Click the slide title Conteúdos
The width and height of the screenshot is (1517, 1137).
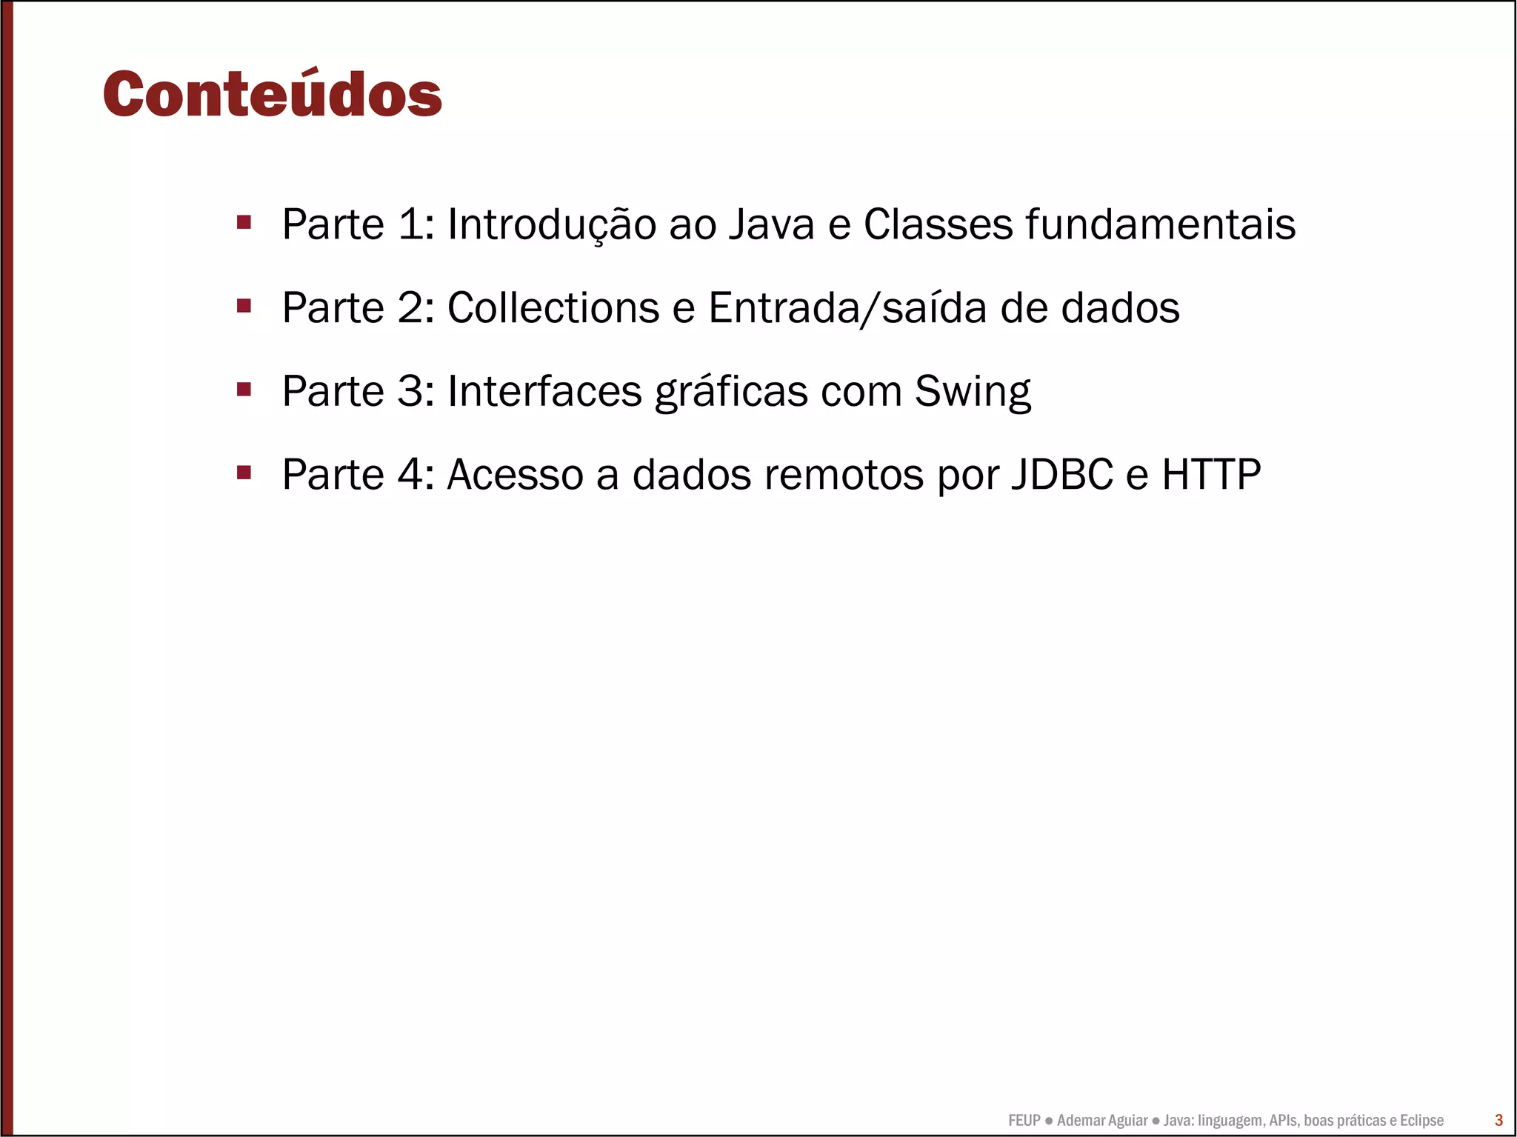pyautogui.click(x=272, y=95)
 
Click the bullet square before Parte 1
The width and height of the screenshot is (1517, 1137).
pyautogui.click(x=244, y=222)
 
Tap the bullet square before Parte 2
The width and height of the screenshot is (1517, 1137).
pyautogui.click(x=244, y=306)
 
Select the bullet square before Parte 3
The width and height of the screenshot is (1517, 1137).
pyautogui.click(x=244, y=390)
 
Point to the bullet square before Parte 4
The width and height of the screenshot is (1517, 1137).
pyautogui.click(x=244, y=473)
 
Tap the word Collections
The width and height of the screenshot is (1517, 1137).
pyautogui.click(x=553, y=307)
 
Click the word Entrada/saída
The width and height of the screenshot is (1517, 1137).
pyautogui.click(x=847, y=307)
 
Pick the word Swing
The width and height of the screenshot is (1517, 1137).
pyautogui.click(x=972, y=391)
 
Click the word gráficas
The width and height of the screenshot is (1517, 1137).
pyautogui.click(x=731, y=391)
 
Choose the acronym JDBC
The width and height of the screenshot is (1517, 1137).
pyautogui.click(x=1061, y=474)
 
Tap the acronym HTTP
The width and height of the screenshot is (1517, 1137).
pyautogui.click(x=1210, y=474)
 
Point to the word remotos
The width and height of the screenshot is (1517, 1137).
pyautogui.click(x=844, y=474)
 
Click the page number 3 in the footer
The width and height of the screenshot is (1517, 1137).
pyautogui.click(x=1498, y=1120)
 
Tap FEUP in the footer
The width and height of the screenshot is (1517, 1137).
pyautogui.click(x=1024, y=1120)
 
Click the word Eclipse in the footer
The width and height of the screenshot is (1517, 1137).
pyautogui.click(x=1421, y=1120)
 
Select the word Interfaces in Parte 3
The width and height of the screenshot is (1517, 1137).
pyautogui.click(x=544, y=391)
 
